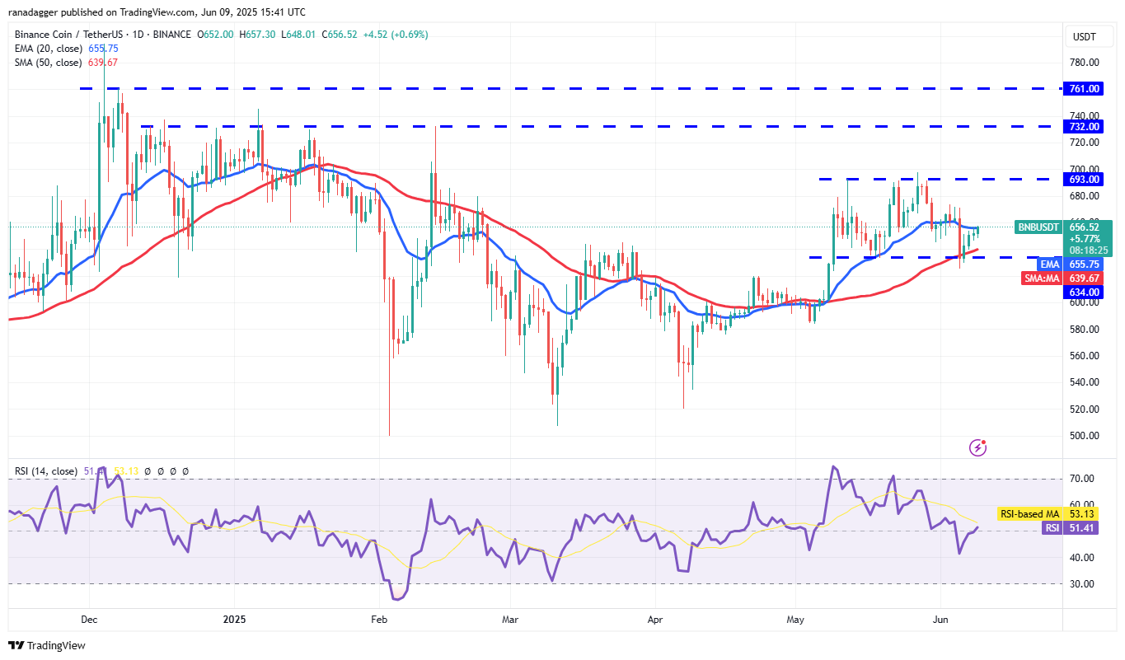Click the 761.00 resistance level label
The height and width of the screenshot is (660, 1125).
click(1085, 88)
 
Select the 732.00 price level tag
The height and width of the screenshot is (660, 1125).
click(1085, 126)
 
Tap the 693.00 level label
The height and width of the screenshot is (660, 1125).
click(1085, 179)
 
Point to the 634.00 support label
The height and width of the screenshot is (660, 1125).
click(1085, 292)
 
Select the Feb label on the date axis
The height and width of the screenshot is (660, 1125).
click(379, 618)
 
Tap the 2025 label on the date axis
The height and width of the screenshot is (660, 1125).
click(235, 618)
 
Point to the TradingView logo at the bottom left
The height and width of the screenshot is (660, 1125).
click(47, 645)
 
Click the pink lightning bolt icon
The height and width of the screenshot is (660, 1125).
click(978, 447)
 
